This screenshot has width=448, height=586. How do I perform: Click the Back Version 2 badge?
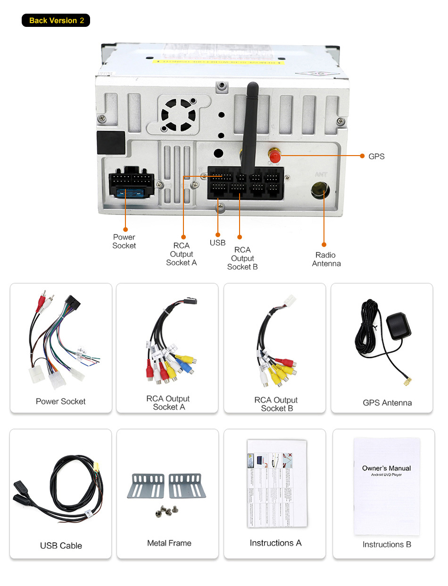[x=56, y=21]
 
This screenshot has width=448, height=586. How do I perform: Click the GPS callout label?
[x=376, y=157]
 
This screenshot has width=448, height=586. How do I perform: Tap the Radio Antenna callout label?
[x=326, y=259]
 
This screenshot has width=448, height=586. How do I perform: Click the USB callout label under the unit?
[x=217, y=243]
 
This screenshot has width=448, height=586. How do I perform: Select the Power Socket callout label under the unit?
[x=124, y=241]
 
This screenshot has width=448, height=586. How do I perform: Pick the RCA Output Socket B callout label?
[x=242, y=258]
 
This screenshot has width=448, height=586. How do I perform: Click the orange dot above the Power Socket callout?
[x=125, y=229]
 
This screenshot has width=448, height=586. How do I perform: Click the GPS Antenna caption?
[x=387, y=403]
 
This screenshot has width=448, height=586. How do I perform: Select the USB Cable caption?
[x=61, y=545]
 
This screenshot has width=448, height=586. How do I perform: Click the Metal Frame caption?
[x=169, y=543]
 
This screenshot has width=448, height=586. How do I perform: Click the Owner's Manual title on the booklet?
[x=386, y=468]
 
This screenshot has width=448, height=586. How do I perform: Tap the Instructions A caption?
[x=275, y=543]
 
